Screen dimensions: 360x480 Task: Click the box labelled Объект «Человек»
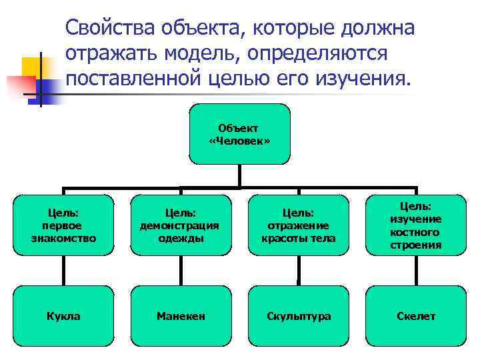pos(239,134)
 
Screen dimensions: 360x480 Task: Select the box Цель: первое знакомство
pos(63,225)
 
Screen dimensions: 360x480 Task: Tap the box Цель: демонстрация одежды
pos(181,225)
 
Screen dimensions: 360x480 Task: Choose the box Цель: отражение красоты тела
pos(298,225)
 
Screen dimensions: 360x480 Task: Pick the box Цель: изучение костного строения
pos(416,225)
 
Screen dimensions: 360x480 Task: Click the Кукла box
pos(63,316)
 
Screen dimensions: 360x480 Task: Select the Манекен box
pos(181,316)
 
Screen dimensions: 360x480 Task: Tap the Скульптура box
pos(298,316)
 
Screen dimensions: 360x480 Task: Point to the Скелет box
pos(416,316)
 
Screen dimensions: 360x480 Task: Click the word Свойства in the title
pos(111,29)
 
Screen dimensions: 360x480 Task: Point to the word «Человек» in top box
pos(239,141)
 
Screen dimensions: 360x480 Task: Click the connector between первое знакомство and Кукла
pos(63,271)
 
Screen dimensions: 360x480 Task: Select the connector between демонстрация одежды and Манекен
pos(181,271)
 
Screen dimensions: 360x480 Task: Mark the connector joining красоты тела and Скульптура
pos(298,271)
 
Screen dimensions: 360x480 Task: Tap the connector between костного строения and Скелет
pos(416,271)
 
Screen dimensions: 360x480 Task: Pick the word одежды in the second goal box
pos(181,238)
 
